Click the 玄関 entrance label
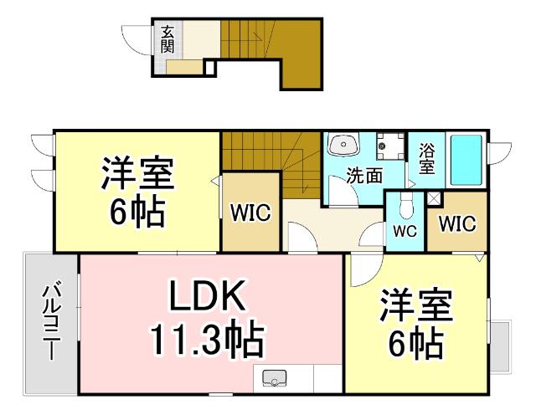click(167, 38)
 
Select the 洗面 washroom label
click(364, 176)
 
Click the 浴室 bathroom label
click(426, 159)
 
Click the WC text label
click(405, 229)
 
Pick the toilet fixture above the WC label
click(405, 205)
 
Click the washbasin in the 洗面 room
click(343, 146)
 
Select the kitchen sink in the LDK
click(275, 380)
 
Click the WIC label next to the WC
click(456, 224)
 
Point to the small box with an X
click(434, 199)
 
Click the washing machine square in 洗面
click(386, 146)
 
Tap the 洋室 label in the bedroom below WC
click(415, 306)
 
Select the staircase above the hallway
click(268, 163)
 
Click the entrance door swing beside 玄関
click(137, 42)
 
